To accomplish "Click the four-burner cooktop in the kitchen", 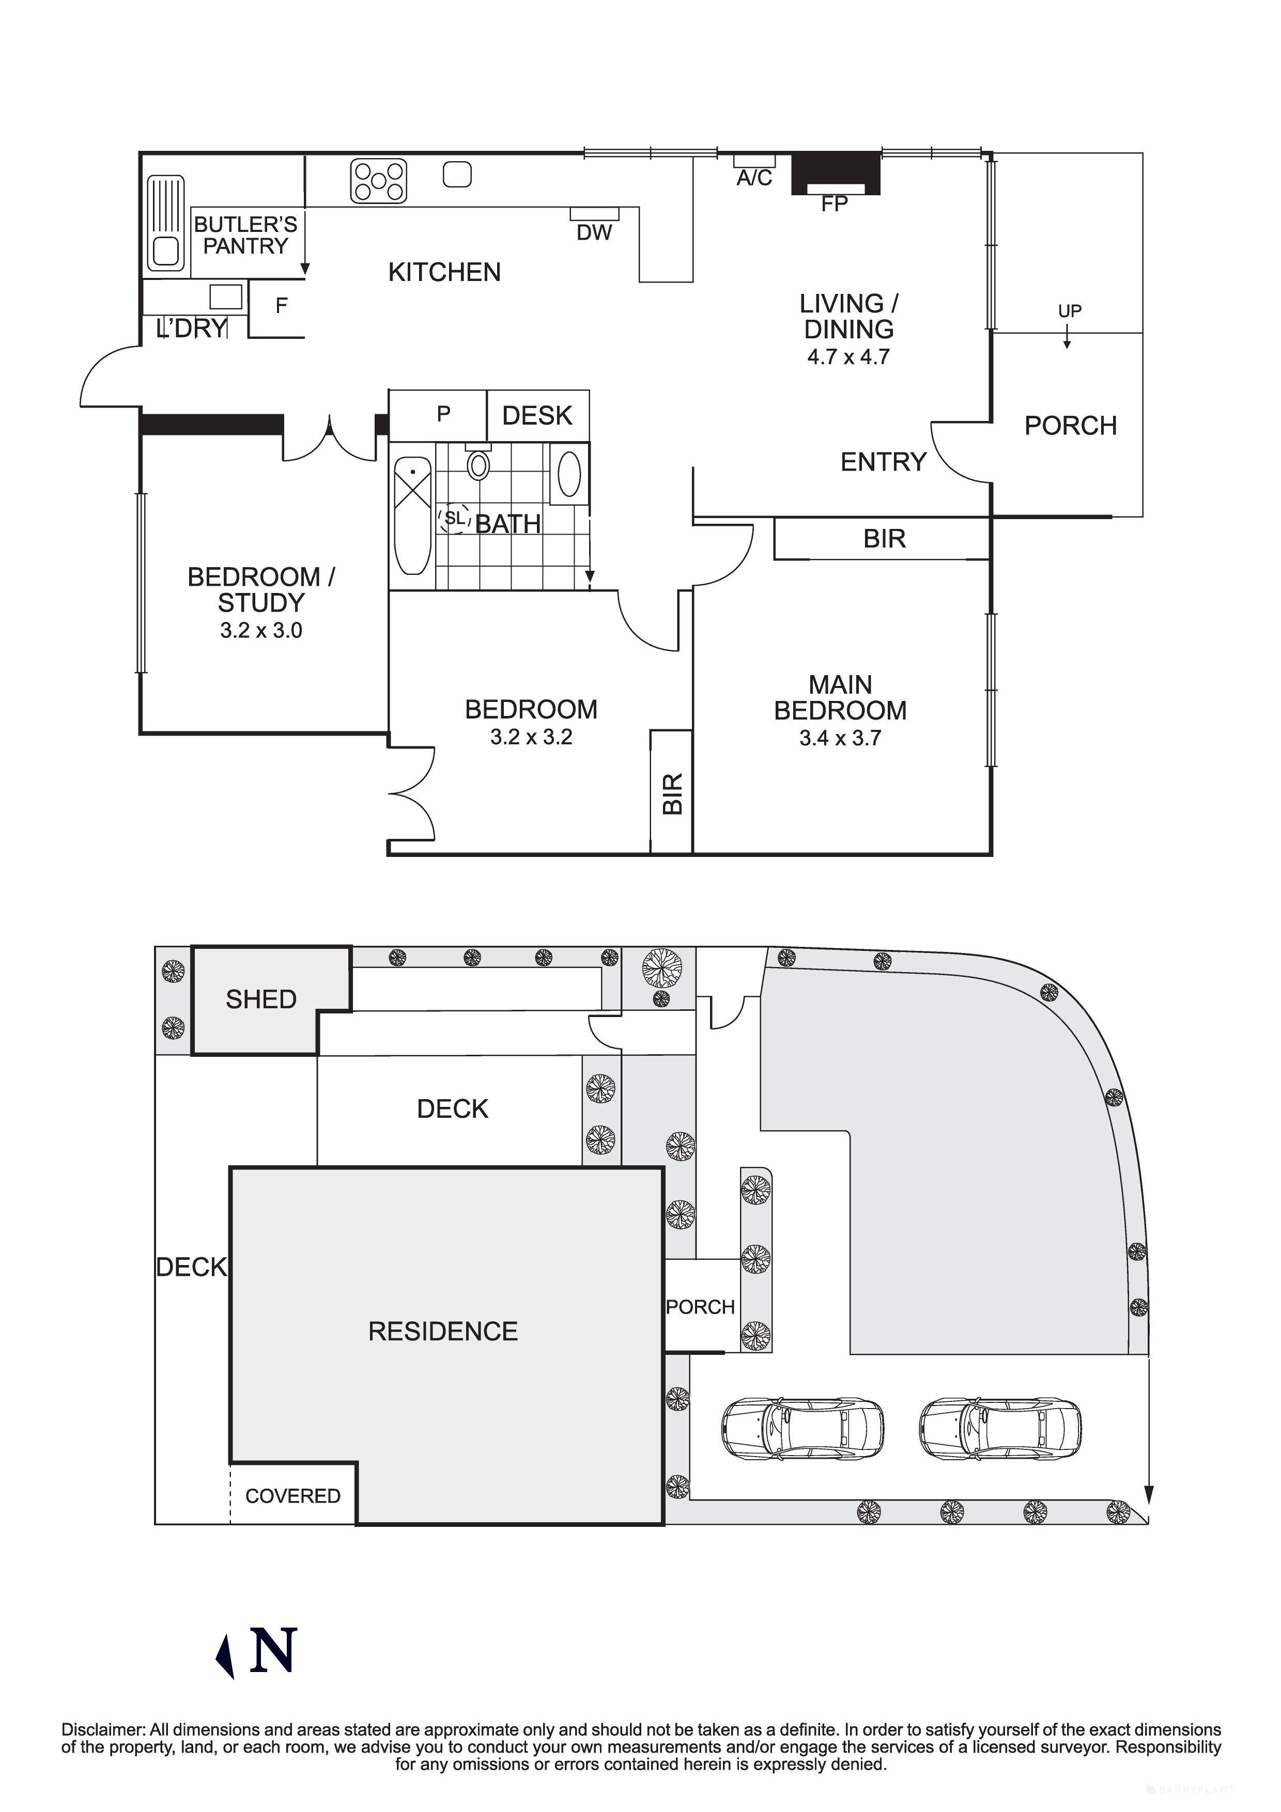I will click(378, 181).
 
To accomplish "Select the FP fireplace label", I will click(834, 205).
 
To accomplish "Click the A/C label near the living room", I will click(754, 178).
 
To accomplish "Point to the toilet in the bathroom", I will click(479, 464).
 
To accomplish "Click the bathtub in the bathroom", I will click(411, 516).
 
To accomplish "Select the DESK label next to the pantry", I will click(537, 415).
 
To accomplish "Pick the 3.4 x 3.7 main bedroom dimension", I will click(840, 739).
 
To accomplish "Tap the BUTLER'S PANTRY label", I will click(245, 235).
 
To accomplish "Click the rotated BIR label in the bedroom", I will click(672, 793).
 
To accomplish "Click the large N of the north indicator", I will click(273, 1649).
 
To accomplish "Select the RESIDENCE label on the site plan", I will click(443, 1332).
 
